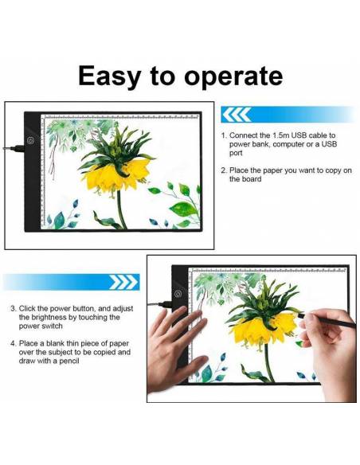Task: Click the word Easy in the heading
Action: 109,76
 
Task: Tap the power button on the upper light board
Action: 30,140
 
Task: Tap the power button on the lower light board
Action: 178,294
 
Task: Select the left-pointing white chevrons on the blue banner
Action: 237,115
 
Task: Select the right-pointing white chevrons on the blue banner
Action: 123,282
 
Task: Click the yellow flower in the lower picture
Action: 264,329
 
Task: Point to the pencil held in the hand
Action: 327,320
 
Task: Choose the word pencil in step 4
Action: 68,361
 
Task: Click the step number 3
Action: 13,309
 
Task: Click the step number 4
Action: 14,344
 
